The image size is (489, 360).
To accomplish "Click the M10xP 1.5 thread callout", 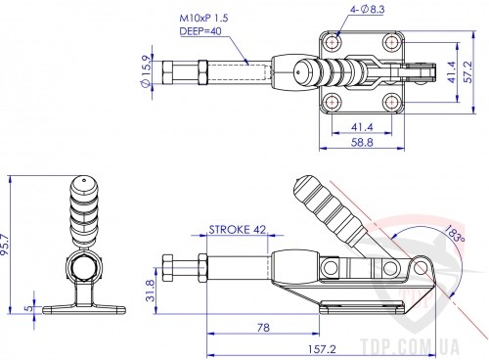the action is click(203, 18).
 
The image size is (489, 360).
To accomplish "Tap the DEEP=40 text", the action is click(200, 31).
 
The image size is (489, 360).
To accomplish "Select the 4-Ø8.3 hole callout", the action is click(368, 10).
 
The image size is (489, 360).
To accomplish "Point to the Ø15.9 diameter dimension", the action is click(146, 71).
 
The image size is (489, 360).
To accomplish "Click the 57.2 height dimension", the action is click(467, 72).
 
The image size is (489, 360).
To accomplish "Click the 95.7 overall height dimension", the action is click(6, 246).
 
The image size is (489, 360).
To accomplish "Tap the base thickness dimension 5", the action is click(29, 307).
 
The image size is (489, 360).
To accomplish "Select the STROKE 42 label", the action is click(238, 230).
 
